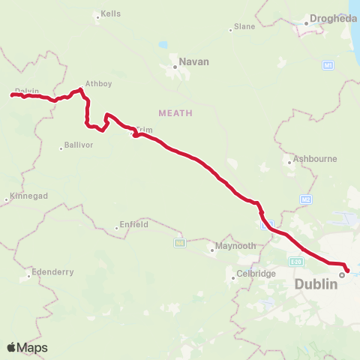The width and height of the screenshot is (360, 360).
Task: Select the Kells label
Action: click(111, 14)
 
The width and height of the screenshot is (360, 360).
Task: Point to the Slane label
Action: click(244, 26)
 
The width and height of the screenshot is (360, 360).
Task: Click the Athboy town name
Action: click(98, 83)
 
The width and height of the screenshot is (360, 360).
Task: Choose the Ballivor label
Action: click(79, 145)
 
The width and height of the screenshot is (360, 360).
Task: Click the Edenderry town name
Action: click(52, 272)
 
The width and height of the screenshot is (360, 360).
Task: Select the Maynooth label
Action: click(235, 245)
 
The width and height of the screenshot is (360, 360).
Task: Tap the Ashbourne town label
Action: click(316, 159)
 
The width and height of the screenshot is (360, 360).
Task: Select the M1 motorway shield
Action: click(328, 66)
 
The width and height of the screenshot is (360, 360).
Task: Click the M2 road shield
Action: click(304, 199)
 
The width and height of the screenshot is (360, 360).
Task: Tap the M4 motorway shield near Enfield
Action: click(179, 242)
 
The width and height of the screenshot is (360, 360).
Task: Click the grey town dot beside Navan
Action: click(175, 67)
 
